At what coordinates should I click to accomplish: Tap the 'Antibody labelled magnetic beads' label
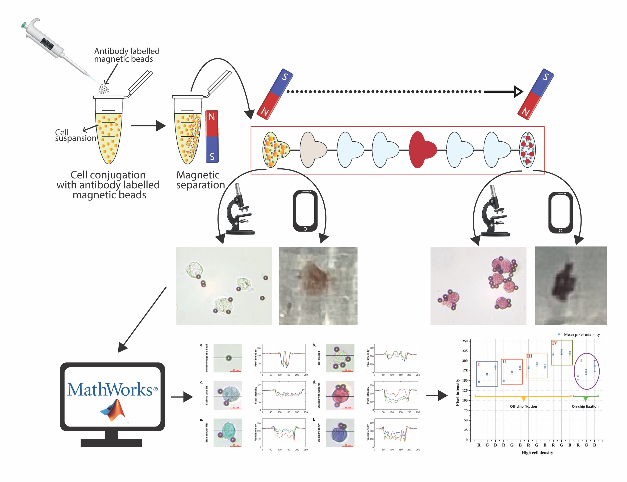(127, 55)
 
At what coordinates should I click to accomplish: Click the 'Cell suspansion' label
(75, 135)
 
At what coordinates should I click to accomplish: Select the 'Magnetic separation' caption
(200, 180)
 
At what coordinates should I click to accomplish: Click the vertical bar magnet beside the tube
(212, 137)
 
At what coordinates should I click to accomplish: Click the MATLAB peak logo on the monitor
(113, 410)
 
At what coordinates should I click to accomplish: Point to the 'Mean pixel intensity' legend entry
(581, 334)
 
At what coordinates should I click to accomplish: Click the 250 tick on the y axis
(465, 341)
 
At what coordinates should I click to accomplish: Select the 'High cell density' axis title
(537, 453)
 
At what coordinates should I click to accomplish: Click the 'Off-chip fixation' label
(523, 406)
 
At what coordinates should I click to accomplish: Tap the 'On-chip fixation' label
(585, 406)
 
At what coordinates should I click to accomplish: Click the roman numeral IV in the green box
(554, 343)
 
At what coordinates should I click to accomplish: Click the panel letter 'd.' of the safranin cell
(314, 382)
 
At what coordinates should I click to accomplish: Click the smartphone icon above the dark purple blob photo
(560, 212)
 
